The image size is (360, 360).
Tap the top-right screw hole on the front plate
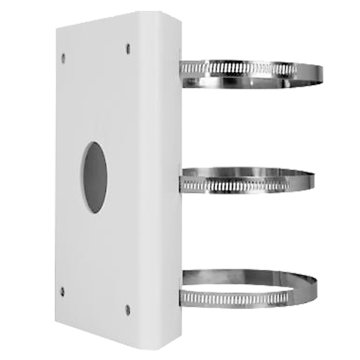[128, 49]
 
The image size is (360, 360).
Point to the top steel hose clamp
[245, 71]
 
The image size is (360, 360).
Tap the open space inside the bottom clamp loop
[245, 286]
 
